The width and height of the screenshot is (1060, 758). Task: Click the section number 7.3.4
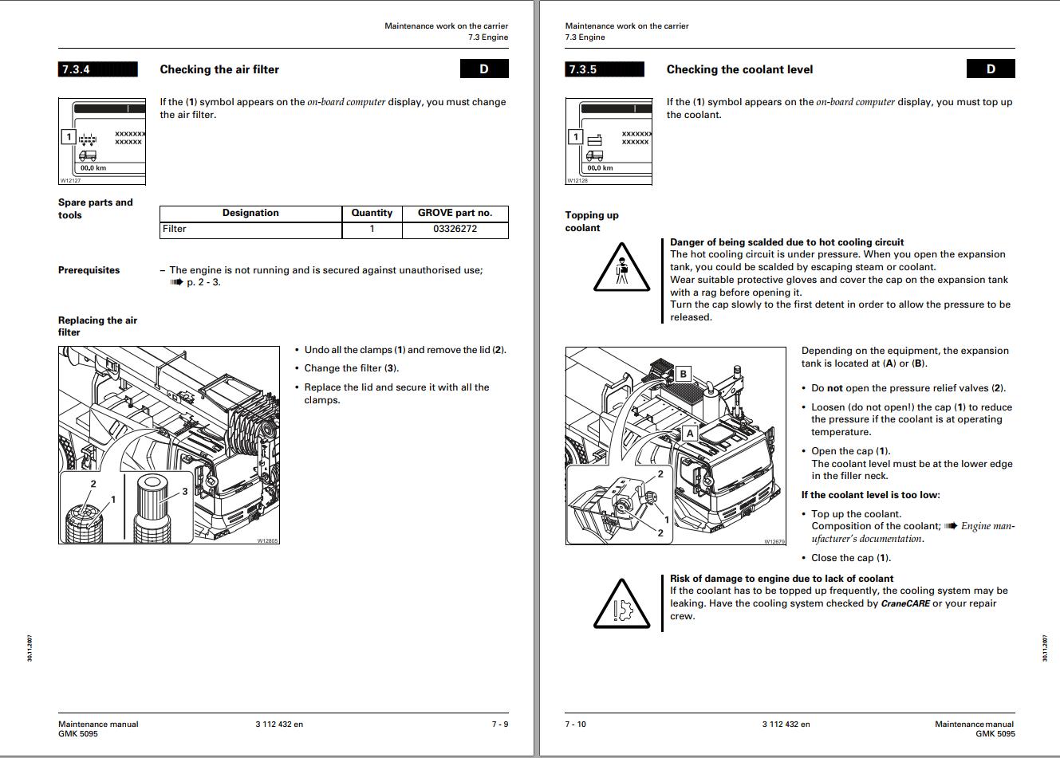pyautogui.click(x=76, y=69)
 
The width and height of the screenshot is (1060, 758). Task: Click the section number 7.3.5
pyautogui.click(x=582, y=69)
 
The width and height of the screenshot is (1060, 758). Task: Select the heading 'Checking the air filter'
pyautogui.click(x=219, y=69)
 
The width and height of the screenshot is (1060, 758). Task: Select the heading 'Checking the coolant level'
pyautogui.click(x=739, y=69)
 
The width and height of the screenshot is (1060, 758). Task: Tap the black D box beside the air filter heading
pyautogui.click(x=483, y=69)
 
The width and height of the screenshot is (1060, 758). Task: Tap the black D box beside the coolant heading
pyautogui.click(x=991, y=69)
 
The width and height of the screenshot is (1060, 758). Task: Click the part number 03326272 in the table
pyautogui.click(x=455, y=229)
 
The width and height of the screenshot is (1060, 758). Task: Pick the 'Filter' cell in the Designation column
pyautogui.click(x=175, y=229)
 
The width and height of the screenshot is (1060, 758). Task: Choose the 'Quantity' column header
pyautogui.click(x=372, y=213)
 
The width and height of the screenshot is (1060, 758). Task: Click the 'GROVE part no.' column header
pyautogui.click(x=455, y=213)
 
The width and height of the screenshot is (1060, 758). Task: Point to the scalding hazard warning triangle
pyautogui.click(x=622, y=267)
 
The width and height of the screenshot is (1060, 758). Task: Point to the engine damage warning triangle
pyautogui.click(x=622, y=603)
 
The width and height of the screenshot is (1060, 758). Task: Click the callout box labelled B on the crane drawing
pyautogui.click(x=683, y=374)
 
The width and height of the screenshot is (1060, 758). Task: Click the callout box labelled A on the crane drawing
pyautogui.click(x=690, y=434)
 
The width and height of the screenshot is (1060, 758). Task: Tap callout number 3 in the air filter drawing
pyautogui.click(x=185, y=491)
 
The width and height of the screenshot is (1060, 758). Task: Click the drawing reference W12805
pyautogui.click(x=267, y=540)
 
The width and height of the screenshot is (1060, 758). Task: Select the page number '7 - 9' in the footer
pyautogui.click(x=499, y=724)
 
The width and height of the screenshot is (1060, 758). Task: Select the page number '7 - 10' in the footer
pyautogui.click(x=576, y=724)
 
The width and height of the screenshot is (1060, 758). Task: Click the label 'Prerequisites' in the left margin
pyautogui.click(x=89, y=270)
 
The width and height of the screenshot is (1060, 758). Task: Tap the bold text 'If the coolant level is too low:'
pyautogui.click(x=870, y=495)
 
